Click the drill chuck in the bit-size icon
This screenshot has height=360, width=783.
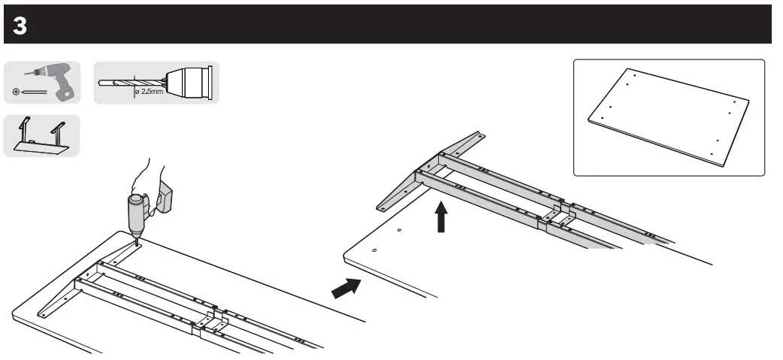click(x=192, y=82)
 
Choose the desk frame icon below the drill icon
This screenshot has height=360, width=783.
click(x=41, y=137)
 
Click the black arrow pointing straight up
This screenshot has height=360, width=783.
click(x=441, y=218)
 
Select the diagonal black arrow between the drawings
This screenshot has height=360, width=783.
click(x=346, y=287)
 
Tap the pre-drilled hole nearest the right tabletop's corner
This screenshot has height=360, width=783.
click(x=374, y=249)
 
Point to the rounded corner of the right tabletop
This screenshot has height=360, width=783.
click(x=348, y=258)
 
